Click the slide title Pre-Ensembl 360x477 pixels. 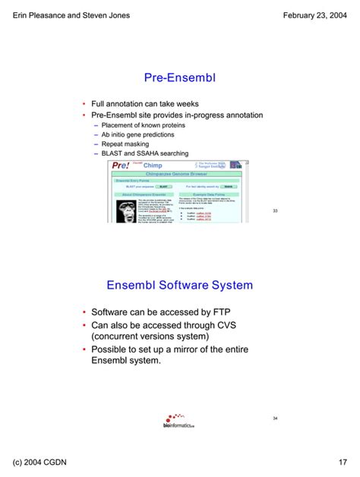(x=180, y=77)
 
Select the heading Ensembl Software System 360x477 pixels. (x=179, y=285)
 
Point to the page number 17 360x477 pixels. (x=343, y=462)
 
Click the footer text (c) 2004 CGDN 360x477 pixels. (x=43, y=462)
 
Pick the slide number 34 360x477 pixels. (x=275, y=419)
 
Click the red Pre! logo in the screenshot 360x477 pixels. (x=121, y=166)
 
